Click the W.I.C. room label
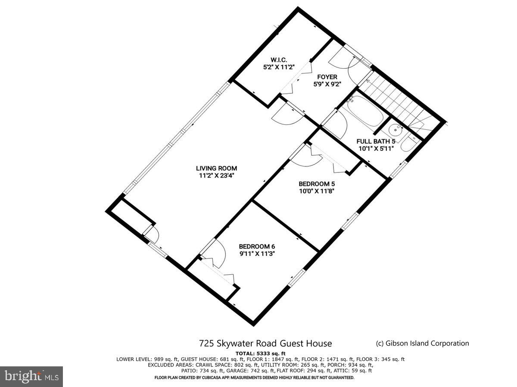point(279,59)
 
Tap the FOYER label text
point(327,77)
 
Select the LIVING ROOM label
point(216,168)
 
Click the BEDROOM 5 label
point(317,183)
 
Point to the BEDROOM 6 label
point(257,246)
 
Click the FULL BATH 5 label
point(376,141)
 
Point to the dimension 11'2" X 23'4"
point(216,175)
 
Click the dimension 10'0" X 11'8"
point(317,190)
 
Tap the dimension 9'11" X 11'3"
point(257,253)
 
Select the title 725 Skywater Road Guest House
point(265,343)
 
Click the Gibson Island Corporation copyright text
point(422,343)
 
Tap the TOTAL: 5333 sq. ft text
point(261,353)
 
